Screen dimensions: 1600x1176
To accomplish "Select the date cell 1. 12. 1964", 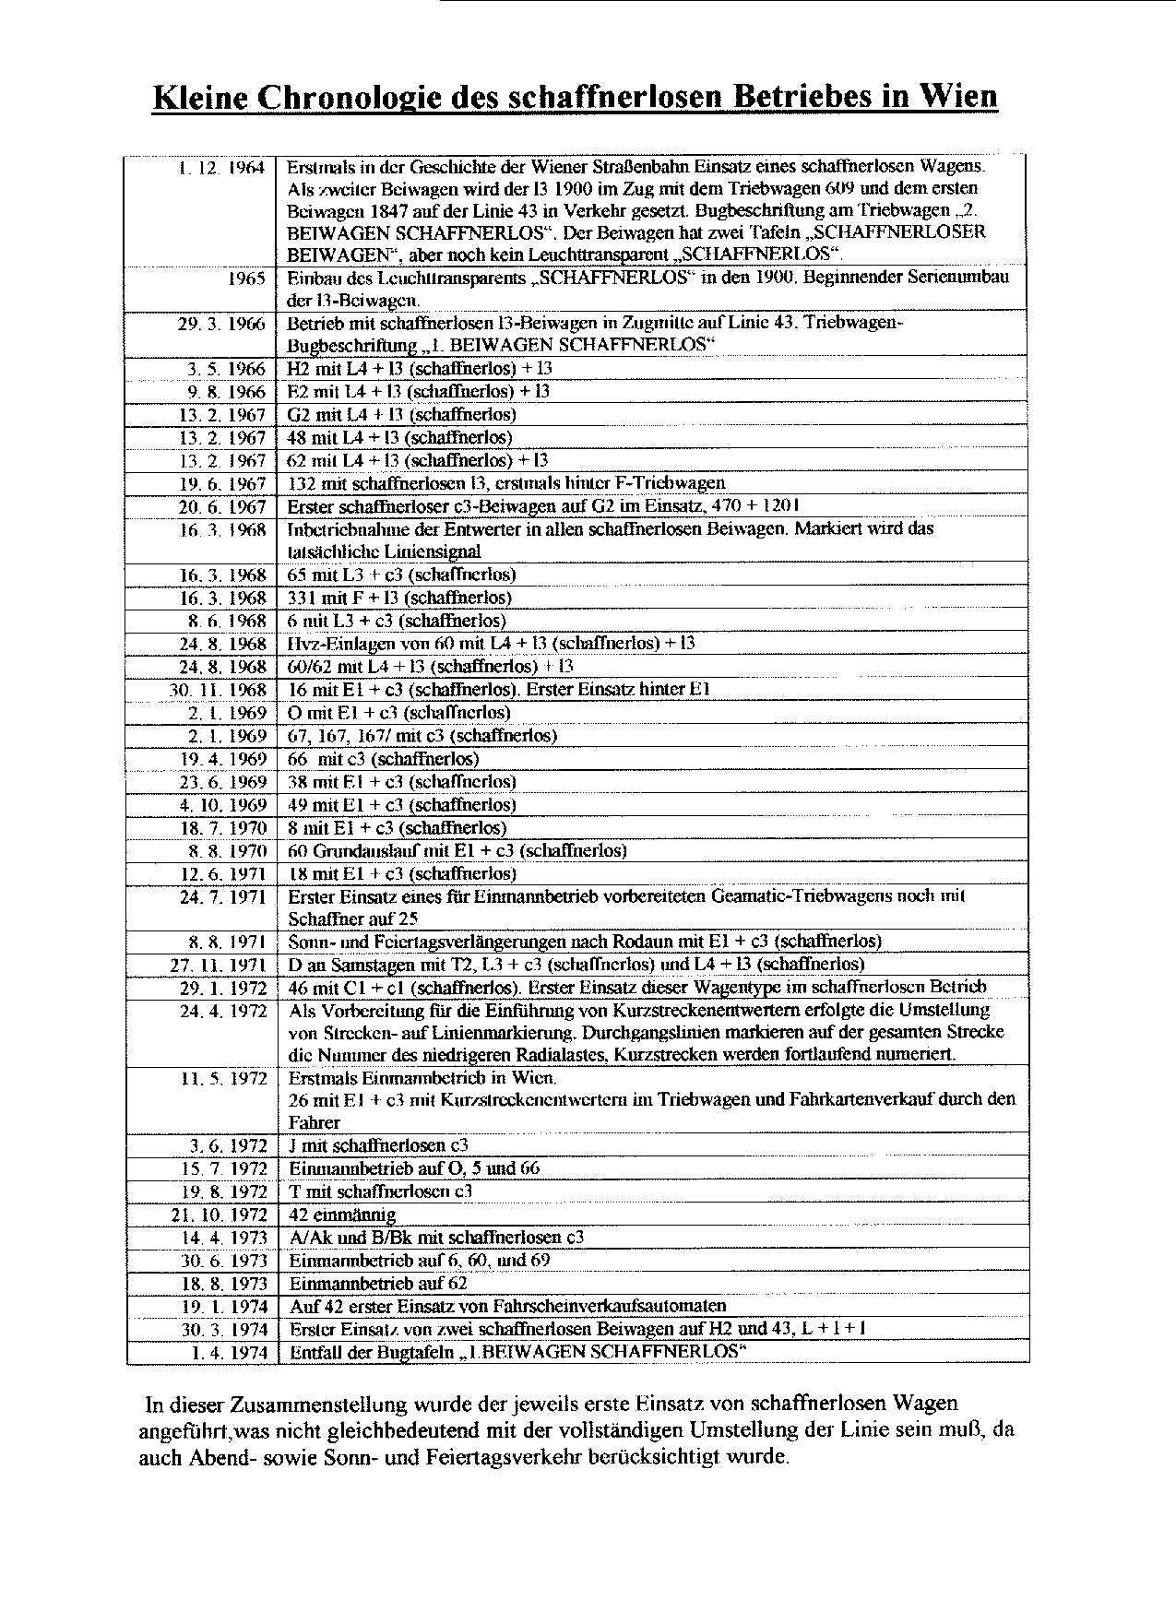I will pos(221,169).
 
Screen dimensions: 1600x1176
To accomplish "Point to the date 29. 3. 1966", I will pos(221,324).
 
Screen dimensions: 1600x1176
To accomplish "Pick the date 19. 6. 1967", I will pos(222,484).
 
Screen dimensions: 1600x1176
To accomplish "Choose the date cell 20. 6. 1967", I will pos(222,507).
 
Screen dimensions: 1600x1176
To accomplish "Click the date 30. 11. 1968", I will pos(219,690).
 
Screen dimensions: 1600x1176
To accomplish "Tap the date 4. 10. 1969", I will pos(222,805).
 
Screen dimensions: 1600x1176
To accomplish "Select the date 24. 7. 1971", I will pos(222,896).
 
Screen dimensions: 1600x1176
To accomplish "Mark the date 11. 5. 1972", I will pos(222,1078).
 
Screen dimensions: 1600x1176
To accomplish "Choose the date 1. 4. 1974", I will pos(230,1353).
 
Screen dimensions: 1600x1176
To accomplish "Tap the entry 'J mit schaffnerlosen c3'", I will pos(378,1146).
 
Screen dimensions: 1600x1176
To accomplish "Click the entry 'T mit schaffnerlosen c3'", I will pos(380,1191).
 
